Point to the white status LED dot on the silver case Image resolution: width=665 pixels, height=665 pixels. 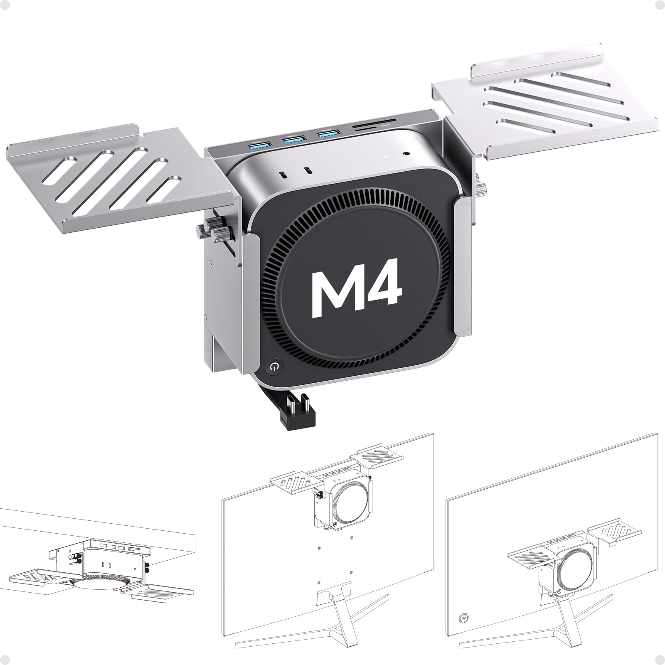click(x=386, y=158)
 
